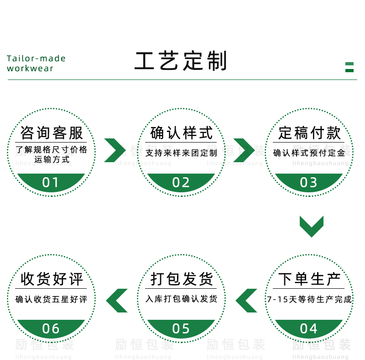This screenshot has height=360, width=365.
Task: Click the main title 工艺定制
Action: point(181,61)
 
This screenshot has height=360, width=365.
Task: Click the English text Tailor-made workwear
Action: point(36,64)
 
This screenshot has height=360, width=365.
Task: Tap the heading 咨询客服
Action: point(52,133)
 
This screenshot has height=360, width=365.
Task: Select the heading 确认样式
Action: point(182,133)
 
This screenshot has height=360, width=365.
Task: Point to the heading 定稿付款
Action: point(309,133)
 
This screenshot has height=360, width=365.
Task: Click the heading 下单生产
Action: point(309,279)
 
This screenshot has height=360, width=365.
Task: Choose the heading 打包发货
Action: point(182,279)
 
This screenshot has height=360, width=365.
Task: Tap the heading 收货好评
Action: point(52,279)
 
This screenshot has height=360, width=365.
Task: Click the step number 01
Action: point(51,183)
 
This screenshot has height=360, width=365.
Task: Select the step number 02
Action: point(181,183)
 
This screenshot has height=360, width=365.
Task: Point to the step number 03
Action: point(308,183)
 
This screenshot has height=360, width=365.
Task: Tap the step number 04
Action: point(308,328)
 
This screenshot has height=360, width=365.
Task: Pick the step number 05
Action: point(181,328)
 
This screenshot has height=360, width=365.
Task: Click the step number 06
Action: point(51,328)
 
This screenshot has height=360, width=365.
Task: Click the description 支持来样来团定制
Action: point(181,153)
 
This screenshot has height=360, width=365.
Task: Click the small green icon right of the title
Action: point(349,67)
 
